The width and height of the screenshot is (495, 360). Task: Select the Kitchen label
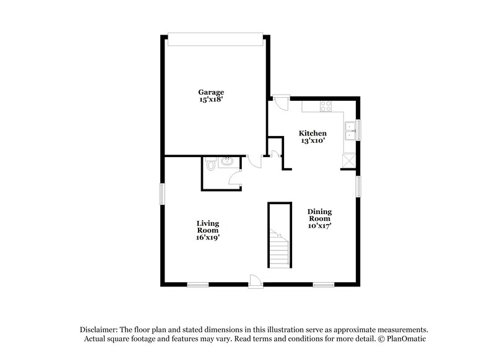coord(312,133)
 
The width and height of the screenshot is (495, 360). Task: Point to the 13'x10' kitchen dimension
coord(312,140)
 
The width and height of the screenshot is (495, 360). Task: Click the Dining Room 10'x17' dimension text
coord(320,226)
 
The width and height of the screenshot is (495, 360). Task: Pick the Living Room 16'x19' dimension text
coord(209,237)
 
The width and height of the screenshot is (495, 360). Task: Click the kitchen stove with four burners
coord(325,107)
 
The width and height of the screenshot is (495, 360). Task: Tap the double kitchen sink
coord(351,131)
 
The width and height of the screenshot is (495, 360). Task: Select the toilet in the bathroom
coord(211,165)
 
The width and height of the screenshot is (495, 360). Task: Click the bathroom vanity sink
coord(226,162)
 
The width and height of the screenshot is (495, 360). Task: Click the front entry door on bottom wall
coord(254,282)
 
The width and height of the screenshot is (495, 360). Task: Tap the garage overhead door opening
coord(216,38)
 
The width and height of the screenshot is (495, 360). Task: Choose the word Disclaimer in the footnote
coord(100,330)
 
